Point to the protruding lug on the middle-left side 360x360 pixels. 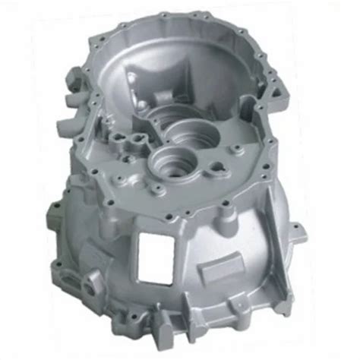[x=55, y=210]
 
